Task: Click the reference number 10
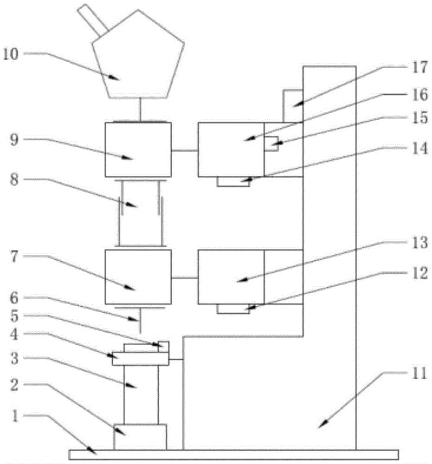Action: click(x=11, y=54)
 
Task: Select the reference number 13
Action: click(x=418, y=245)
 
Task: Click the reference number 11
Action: click(x=418, y=374)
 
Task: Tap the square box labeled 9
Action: click(x=138, y=149)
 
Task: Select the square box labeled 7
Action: click(x=138, y=277)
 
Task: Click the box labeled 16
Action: click(x=231, y=149)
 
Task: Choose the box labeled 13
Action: click(x=231, y=277)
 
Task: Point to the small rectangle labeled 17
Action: click(x=293, y=106)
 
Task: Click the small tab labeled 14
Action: click(x=233, y=182)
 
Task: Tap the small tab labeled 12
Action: click(x=233, y=309)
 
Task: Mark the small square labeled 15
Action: click(x=271, y=144)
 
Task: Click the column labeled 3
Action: click(x=141, y=394)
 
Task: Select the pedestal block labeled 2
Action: click(x=140, y=437)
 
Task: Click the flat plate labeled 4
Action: click(x=140, y=359)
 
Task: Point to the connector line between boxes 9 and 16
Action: click(x=184, y=150)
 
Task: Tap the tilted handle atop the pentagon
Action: click(x=92, y=20)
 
